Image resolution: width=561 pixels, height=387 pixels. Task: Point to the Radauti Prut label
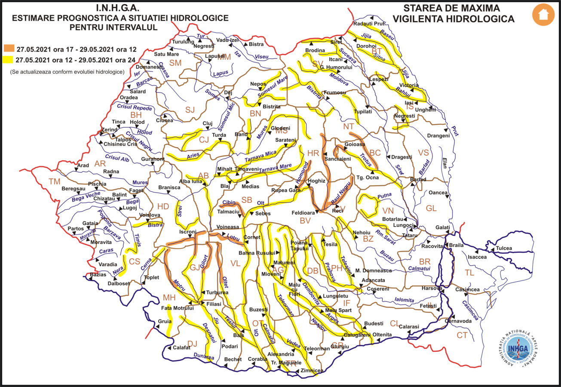click(x=368, y=23)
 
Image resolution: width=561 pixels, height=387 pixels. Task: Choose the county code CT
click(x=462, y=335)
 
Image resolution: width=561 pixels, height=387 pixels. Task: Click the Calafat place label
click(x=181, y=348)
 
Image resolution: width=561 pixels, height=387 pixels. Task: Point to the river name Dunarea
click(x=204, y=356)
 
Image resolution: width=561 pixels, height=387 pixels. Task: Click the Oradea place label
click(x=129, y=97)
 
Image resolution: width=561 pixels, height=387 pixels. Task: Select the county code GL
click(x=431, y=208)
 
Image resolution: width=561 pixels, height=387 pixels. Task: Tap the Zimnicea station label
click(x=312, y=370)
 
